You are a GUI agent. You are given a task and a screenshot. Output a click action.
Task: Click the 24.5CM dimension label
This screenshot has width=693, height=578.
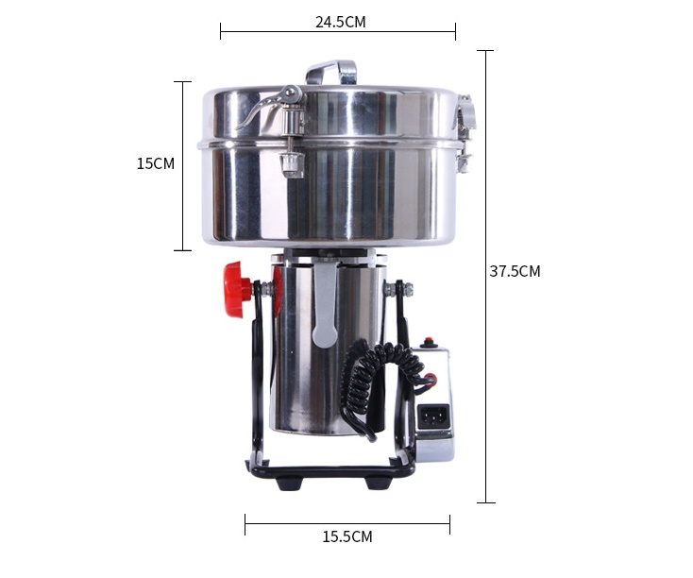340,22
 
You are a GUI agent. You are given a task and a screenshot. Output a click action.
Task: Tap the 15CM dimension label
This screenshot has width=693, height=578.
156,163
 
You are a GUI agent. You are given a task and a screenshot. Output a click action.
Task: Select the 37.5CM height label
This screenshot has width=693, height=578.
515,271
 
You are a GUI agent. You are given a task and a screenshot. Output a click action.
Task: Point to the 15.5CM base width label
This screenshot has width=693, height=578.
347,536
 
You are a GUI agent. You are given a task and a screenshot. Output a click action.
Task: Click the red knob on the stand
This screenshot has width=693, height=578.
236,290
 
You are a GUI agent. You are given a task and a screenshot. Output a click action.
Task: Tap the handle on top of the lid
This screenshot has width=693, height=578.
331,72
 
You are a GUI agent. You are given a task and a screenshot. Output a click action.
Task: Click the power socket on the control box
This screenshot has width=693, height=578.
434,416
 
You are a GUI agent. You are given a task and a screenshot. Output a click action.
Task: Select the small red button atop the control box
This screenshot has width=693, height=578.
428,342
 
